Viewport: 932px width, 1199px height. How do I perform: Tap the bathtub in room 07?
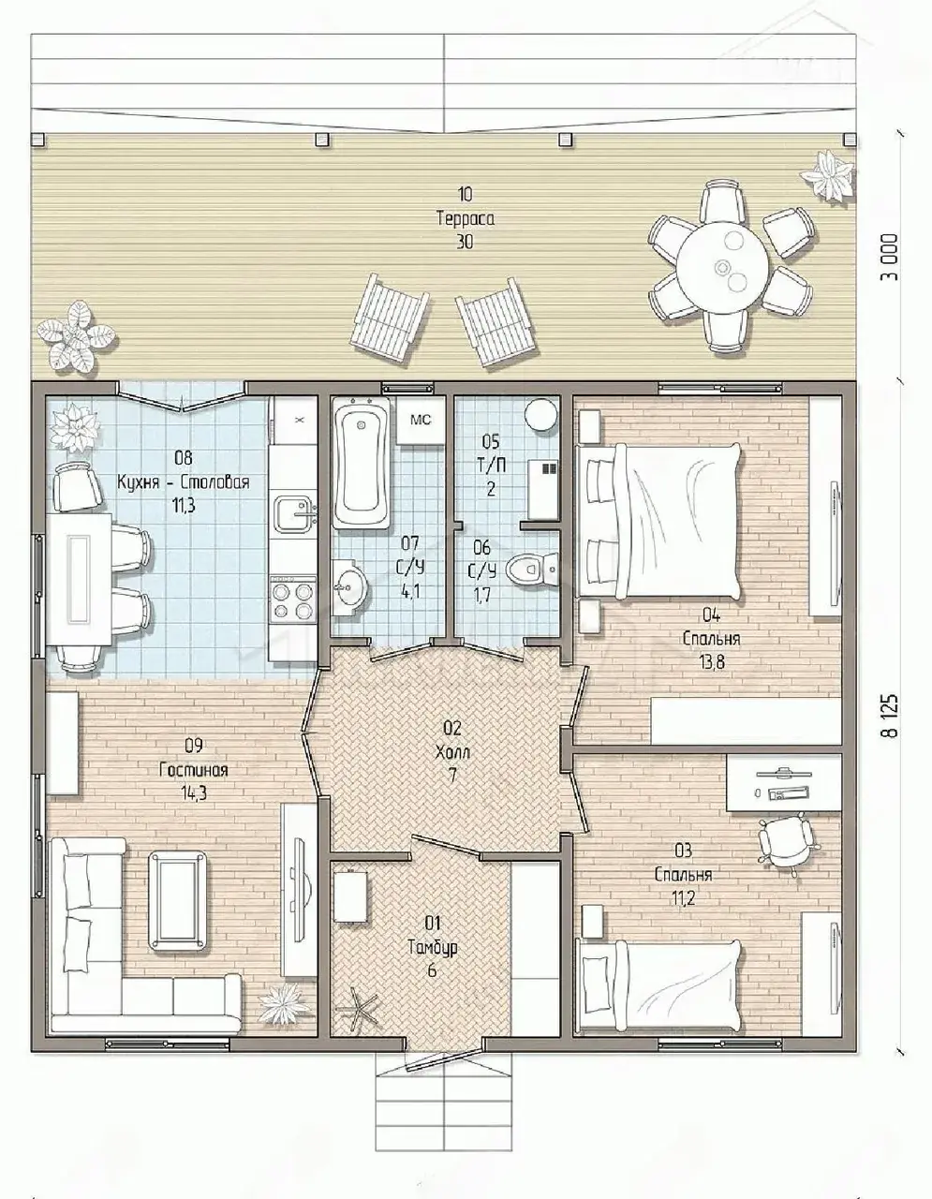(x=362, y=464)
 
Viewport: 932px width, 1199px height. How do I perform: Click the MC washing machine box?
(x=421, y=420)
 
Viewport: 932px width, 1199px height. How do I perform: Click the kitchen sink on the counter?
(x=294, y=513)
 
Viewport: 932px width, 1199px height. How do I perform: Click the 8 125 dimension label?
(x=891, y=715)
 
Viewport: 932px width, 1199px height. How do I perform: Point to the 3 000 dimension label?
(x=890, y=257)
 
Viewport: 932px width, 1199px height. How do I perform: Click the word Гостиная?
(x=194, y=770)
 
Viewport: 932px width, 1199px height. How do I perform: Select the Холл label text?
(x=452, y=752)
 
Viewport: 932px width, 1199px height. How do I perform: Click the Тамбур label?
(x=433, y=947)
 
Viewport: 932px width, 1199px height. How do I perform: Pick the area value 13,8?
(x=711, y=662)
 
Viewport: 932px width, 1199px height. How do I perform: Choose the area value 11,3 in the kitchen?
(x=183, y=506)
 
